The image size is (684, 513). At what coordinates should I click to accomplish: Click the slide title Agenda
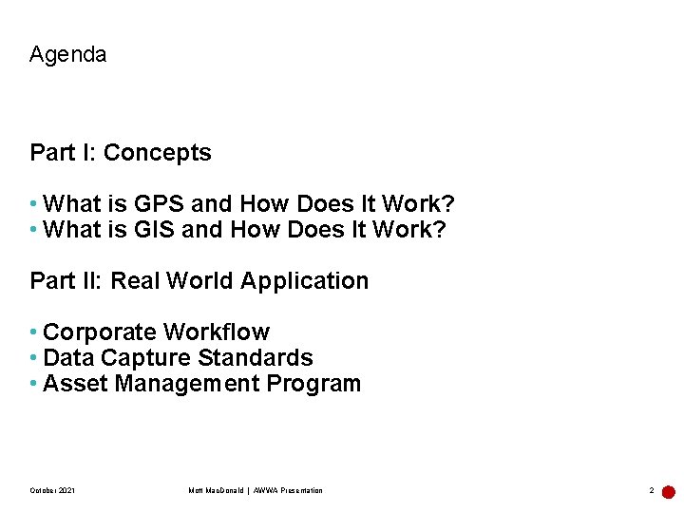pyautogui.click(x=67, y=55)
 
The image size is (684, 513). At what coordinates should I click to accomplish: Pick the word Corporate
pyautogui.click(x=100, y=332)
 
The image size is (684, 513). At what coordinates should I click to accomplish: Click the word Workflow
pyautogui.click(x=217, y=332)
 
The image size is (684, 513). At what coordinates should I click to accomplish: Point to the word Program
pyautogui.click(x=313, y=384)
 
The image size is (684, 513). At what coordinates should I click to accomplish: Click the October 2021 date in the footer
pyautogui.click(x=52, y=490)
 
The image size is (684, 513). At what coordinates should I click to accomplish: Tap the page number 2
pyautogui.click(x=651, y=491)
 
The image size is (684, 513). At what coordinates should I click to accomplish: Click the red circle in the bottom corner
pyautogui.click(x=669, y=492)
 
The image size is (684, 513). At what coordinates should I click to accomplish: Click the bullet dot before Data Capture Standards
pyautogui.click(x=34, y=358)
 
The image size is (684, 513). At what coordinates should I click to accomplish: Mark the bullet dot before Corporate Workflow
pyautogui.click(x=34, y=332)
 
